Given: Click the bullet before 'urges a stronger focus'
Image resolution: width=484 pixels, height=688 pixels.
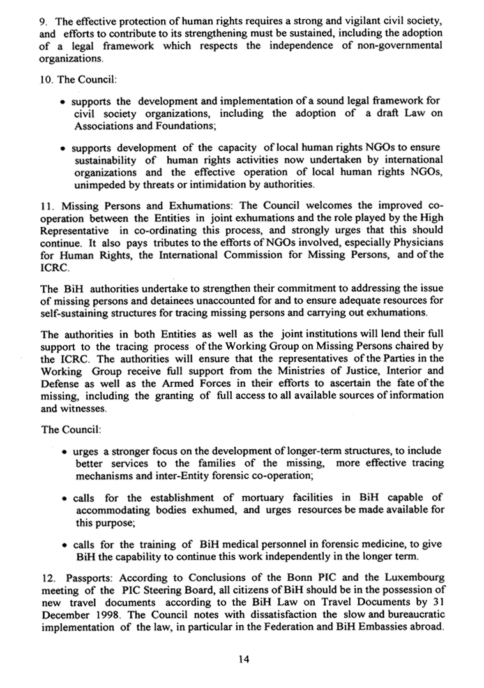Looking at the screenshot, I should click(65, 451).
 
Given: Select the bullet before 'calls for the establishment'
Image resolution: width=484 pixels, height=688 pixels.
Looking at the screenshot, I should click(65, 498).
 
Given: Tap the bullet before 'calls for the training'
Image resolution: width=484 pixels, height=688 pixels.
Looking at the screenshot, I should click(65, 544).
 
